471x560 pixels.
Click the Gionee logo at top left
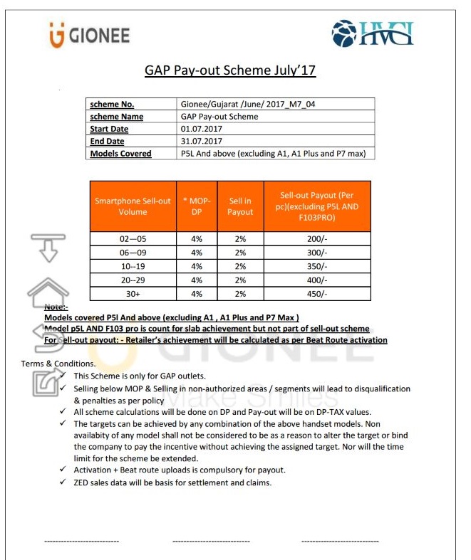point(89,34)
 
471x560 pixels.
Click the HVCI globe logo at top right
point(372,33)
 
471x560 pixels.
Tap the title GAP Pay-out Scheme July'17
point(229,70)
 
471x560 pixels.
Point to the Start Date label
point(109,129)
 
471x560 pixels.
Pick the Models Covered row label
point(120,153)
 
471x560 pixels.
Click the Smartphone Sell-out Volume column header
point(133,206)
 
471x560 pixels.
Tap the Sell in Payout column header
point(240,206)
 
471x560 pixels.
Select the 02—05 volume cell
point(133,239)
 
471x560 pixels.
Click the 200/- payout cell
point(316,239)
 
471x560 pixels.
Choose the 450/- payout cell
point(316,294)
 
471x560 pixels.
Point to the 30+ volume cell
point(133,294)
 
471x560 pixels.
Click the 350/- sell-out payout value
point(316,266)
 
